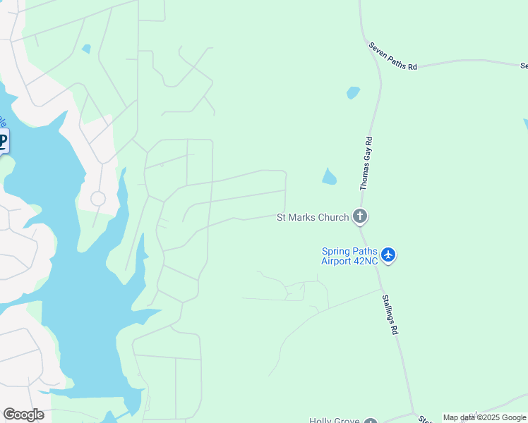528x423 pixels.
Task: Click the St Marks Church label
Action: pyautogui.click(x=312, y=217)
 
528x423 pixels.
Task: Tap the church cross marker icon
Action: pyautogui.click(x=360, y=216)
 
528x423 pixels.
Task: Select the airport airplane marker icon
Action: pyautogui.click(x=388, y=255)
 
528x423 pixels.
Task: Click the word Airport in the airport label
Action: pyautogui.click(x=339, y=260)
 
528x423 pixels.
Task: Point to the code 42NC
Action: pyautogui.click(x=367, y=260)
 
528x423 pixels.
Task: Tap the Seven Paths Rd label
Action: pyautogui.click(x=393, y=56)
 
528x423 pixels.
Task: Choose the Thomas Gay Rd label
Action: pyautogui.click(x=366, y=164)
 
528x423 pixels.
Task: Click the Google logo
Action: pyautogui.click(x=23, y=415)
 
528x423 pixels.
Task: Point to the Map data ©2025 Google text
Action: pyautogui.click(x=484, y=417)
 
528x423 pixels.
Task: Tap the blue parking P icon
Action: pyautogui.click(x=2, y=141)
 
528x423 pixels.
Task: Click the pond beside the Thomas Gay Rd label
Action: pyautogui.click(x=330, y=177)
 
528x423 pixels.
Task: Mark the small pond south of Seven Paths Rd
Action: pyautogui.click(x=353, y=92)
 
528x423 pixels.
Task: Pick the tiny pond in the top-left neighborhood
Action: pyautogui.click(x=86, y=49)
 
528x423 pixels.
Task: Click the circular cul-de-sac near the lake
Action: pyautogui.click(x=98, y=199)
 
